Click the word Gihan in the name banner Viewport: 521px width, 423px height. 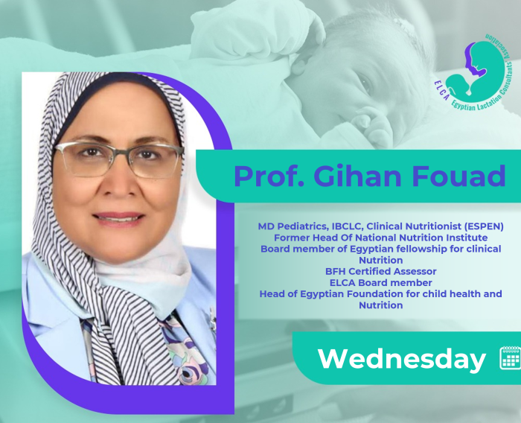(357, 176)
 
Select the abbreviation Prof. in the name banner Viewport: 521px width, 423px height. (269, 176)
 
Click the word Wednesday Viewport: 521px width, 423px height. (402, 359)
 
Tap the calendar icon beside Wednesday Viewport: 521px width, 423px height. (511, 357)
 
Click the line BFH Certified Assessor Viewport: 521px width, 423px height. (381, 271)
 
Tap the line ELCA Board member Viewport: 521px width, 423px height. (381, 283)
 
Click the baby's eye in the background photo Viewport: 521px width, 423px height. (365, 84)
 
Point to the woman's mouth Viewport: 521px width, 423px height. (118, 217)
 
